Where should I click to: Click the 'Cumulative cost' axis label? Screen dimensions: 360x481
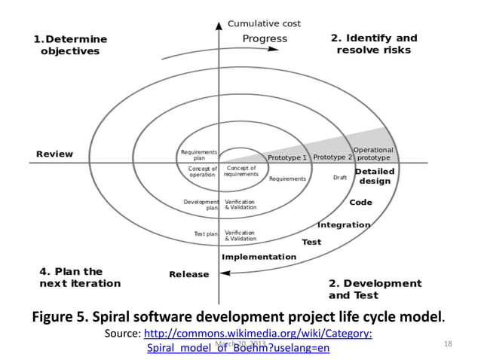(x=264, y=23)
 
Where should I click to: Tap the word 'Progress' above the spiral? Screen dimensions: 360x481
(x=265, y=38)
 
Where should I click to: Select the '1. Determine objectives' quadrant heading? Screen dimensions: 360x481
(x=70, y=45)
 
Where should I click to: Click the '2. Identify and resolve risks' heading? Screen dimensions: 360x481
(x=373, y=44)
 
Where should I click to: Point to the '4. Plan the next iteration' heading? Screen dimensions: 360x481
(x=80, y=277)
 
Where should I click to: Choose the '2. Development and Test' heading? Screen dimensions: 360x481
(x=375, y=289)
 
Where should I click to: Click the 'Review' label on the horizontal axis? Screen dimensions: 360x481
(x=55, y=154)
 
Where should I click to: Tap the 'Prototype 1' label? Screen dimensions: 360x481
(x=287, y=158)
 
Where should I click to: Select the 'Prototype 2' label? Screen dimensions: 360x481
(x=332, y=157)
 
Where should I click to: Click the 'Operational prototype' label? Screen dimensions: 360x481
(x=373, y=154)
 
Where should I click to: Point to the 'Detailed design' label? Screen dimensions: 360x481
(x=375, y=176)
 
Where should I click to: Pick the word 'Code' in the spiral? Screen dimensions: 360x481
(x=360, y=203)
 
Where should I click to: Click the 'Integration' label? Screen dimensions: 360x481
(x=344, y=224)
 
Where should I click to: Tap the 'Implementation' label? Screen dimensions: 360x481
(x=259, y=257)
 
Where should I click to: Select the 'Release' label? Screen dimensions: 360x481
(x=189, y=274)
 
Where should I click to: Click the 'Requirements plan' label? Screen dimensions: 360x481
(x=200, y=155)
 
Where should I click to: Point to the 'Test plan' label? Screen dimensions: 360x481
(x=205, y=234)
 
